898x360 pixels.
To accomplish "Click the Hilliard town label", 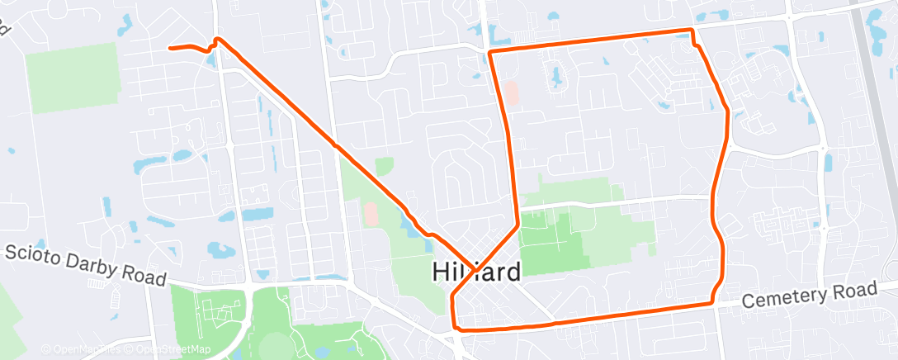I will [477, 272].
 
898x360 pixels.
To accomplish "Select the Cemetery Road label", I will [809, 296].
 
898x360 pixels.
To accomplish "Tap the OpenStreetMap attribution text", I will [168, 348].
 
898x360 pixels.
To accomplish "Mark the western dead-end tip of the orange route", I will [170, 48].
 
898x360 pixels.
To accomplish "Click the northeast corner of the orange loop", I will [692, 31].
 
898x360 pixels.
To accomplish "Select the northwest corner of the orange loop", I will [490, 52].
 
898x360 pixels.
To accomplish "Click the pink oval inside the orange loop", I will [512, 92].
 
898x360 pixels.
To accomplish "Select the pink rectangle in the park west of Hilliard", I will [371, 216].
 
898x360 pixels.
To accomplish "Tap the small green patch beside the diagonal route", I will [384, 166].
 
